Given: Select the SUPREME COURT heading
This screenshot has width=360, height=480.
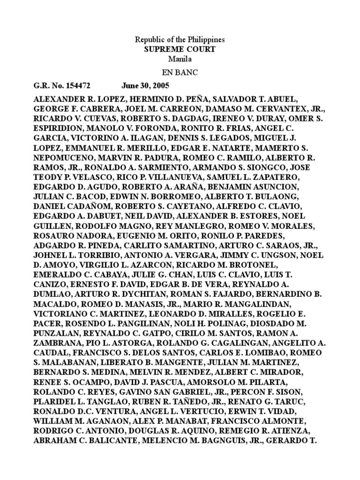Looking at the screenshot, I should pyautogui.click(x=180, y=49).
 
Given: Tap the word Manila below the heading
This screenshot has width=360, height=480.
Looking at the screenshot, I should pyautogui.click(x=180, y=59).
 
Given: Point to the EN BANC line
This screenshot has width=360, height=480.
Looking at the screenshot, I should pyautogui.click(x=180, y=73).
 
